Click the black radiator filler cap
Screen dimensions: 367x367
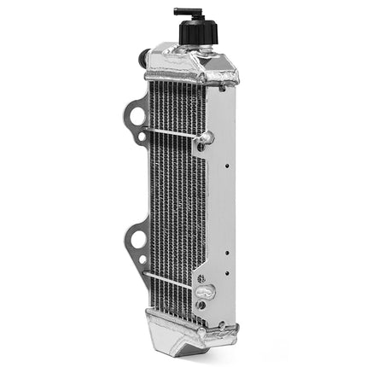click(199, 32)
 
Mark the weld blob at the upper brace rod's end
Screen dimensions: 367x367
click(206, 137)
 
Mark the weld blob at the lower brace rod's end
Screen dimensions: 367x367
click(203, 291)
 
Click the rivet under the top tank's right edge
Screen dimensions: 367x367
click(224, 86)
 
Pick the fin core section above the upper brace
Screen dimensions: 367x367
click(175, 102)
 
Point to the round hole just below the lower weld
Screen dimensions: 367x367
click(201, 305)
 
